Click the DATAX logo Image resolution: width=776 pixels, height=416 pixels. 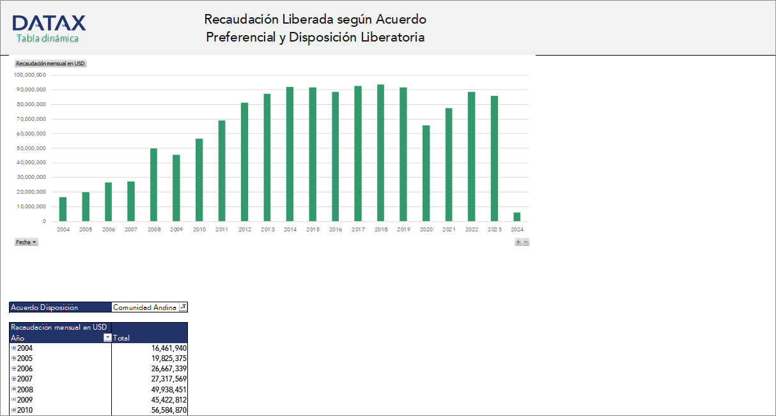coord(49,24)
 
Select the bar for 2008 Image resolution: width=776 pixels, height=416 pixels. coord(153,185)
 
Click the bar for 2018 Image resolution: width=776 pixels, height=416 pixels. coord(381,153)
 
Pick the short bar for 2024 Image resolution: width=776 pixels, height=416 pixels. coord(516,217)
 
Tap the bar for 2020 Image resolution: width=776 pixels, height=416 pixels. coord(426,173)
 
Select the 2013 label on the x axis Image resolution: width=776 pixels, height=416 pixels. coord(267,229)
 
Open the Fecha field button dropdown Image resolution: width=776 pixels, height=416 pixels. coord(26,242)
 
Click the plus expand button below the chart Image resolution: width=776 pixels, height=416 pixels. coord(518,242)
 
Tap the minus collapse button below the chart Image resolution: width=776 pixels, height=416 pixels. coord(526,242)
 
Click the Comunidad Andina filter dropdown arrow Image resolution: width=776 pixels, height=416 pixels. coord(183,307)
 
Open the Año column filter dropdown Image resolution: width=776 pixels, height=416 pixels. coord(107,338)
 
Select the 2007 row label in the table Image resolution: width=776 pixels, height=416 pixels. coord(24,379)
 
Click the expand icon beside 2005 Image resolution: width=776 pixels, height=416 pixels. coord(13,358)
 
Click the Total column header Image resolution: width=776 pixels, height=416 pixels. coord(121,338)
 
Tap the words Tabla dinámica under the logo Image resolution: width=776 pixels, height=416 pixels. coord(47,38)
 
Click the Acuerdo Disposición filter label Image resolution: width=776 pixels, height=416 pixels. coord(44,307)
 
